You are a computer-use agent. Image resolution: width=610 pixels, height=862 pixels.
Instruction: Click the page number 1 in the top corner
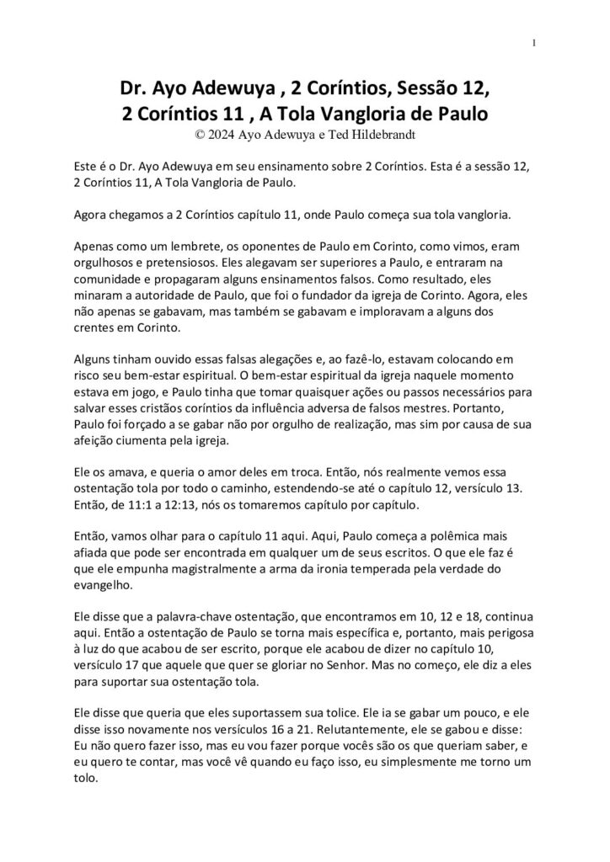[535, 43]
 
